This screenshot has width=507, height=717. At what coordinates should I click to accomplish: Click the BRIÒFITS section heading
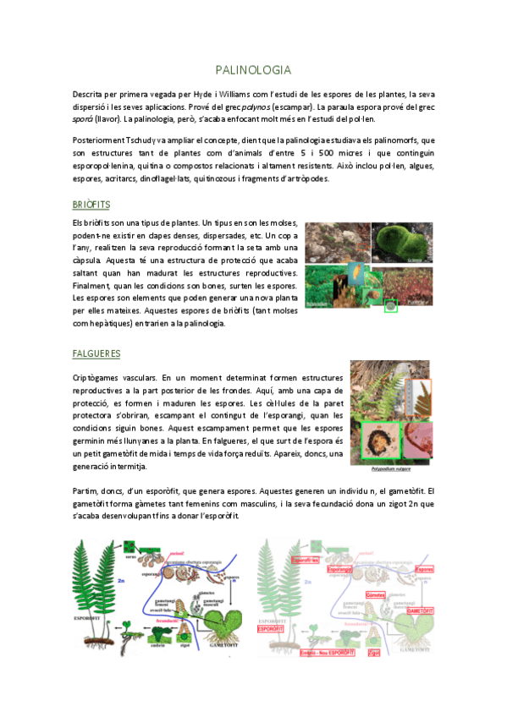(x=91, y=205)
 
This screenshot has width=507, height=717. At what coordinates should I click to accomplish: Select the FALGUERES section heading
(x=96, y=353)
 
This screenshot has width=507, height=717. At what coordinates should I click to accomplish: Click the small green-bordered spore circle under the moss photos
(x=390, y=306)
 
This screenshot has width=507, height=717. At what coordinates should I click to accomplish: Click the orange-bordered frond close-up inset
(x=418, y=399)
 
